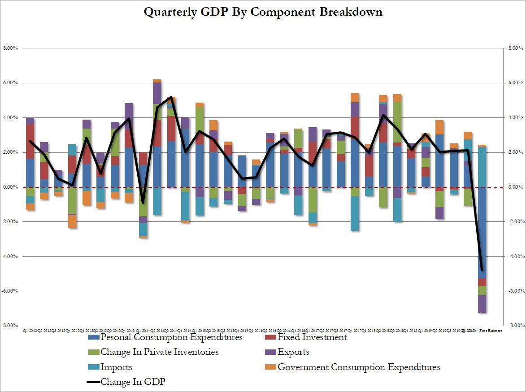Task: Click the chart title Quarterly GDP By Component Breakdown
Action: (263, 12)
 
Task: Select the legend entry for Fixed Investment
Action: (312, 337)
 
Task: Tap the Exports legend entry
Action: (293, 352)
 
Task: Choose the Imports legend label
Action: (116, 367)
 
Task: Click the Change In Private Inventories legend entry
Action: (159, 352)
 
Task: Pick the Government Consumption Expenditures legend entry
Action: (359, 367)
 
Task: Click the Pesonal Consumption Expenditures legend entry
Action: (171, 337)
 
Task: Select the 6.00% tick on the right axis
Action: (514, 83)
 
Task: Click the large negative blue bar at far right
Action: (482, 233)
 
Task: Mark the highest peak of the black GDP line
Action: (171, 97)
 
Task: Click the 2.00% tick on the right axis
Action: (514, 152)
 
